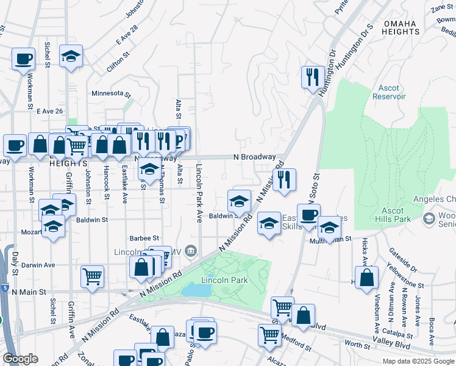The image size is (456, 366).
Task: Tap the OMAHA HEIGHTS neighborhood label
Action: tap(400, 27)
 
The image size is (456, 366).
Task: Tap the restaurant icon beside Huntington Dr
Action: tap(312, 77)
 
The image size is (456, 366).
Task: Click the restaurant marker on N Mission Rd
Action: tap(284, 180)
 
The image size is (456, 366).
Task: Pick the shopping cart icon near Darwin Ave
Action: tap(92, 276)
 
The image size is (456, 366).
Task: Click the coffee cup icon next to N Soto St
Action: tap(308, 215)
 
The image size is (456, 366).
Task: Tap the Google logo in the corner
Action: tap(21, 359)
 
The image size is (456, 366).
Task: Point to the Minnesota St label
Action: tap(111, 94)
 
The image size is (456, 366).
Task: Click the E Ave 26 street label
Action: tap(50, 111)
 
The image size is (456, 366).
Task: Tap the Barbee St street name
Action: tap(144, 238)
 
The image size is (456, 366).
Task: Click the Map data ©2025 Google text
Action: tap(418, 361)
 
